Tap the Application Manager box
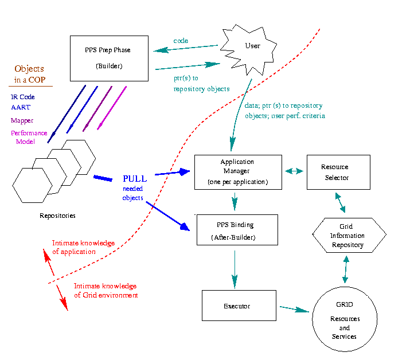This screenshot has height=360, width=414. [238, 171]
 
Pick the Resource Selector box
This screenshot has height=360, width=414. [334, 172]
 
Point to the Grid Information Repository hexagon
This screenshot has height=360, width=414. [349, 236]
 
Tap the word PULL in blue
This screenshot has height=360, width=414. [134, 178]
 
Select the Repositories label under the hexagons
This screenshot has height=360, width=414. [57, 216]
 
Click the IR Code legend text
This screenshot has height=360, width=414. [22, 97]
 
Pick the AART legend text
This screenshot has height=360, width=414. [20, 108]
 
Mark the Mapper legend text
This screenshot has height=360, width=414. [22, 121]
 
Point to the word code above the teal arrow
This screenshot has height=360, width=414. [181, 41]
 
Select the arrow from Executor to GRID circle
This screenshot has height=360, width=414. [294, 309]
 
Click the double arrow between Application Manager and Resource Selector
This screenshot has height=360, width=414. [294, 171]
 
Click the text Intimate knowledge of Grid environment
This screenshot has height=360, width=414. [106, 291]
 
